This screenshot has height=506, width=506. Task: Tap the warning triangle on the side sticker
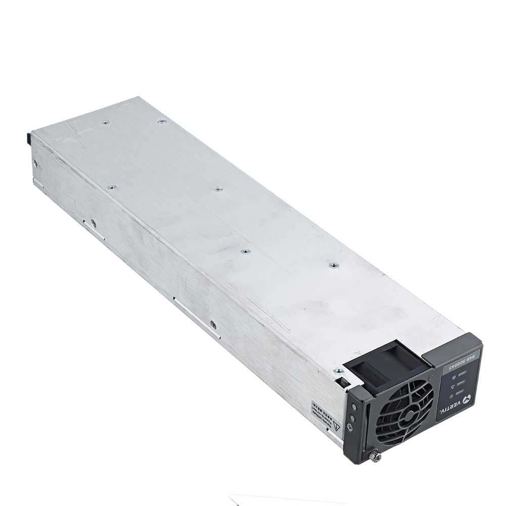point(336,426)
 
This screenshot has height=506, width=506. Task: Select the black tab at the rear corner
point(28,137)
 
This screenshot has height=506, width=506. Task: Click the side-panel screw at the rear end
point(35,163)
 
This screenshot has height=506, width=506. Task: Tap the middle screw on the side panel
point(93,222)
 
